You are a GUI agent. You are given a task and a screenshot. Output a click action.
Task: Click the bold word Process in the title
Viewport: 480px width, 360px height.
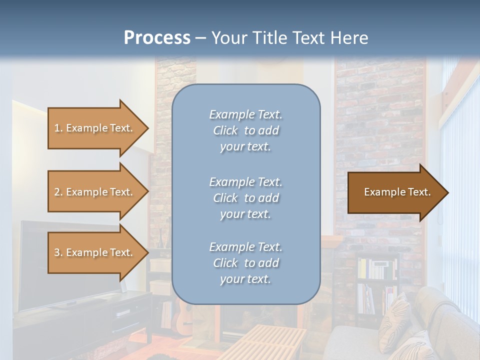coord(157,38)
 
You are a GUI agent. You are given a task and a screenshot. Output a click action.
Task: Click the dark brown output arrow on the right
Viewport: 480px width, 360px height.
coord(395,192)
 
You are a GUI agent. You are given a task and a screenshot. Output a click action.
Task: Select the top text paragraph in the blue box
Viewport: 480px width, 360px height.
coord(245,130)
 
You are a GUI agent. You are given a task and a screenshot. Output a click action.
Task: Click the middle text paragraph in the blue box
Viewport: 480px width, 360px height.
coord(245,198)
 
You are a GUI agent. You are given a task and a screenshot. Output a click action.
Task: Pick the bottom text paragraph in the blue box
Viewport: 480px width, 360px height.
coord(245,263)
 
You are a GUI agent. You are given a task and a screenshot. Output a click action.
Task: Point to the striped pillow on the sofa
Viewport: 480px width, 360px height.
coord(395,320)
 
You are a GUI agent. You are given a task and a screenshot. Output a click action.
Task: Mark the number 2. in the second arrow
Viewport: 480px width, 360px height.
coord(58,192)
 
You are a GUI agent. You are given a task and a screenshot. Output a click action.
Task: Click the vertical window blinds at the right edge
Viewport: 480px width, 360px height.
coord(460,200)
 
